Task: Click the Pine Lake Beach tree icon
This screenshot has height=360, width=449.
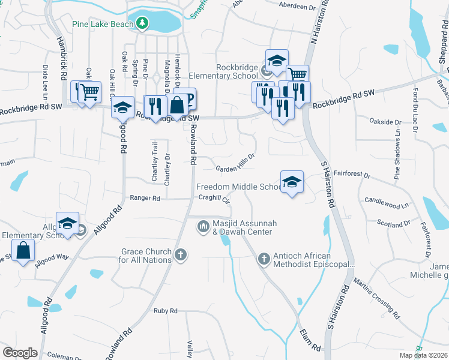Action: (x=142, y=23)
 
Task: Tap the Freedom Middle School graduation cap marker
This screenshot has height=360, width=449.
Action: (x=292, y=182)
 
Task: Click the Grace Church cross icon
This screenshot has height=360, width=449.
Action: (x=180, y=256)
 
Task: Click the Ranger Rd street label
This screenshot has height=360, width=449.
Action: (x=145, y=198)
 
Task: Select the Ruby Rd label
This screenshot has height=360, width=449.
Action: (x=165, y=311)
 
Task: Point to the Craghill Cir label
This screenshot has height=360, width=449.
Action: (x=214, y=197)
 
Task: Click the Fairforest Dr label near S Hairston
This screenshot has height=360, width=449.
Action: (x=353, y=174)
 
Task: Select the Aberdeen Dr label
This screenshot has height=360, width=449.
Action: (x=297, y=7)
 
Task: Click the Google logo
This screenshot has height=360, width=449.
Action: (x=20, y=352)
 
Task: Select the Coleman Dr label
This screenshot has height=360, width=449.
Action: (x=64, y=355)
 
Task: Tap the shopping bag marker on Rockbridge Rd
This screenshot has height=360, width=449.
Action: (x=178, y=105)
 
